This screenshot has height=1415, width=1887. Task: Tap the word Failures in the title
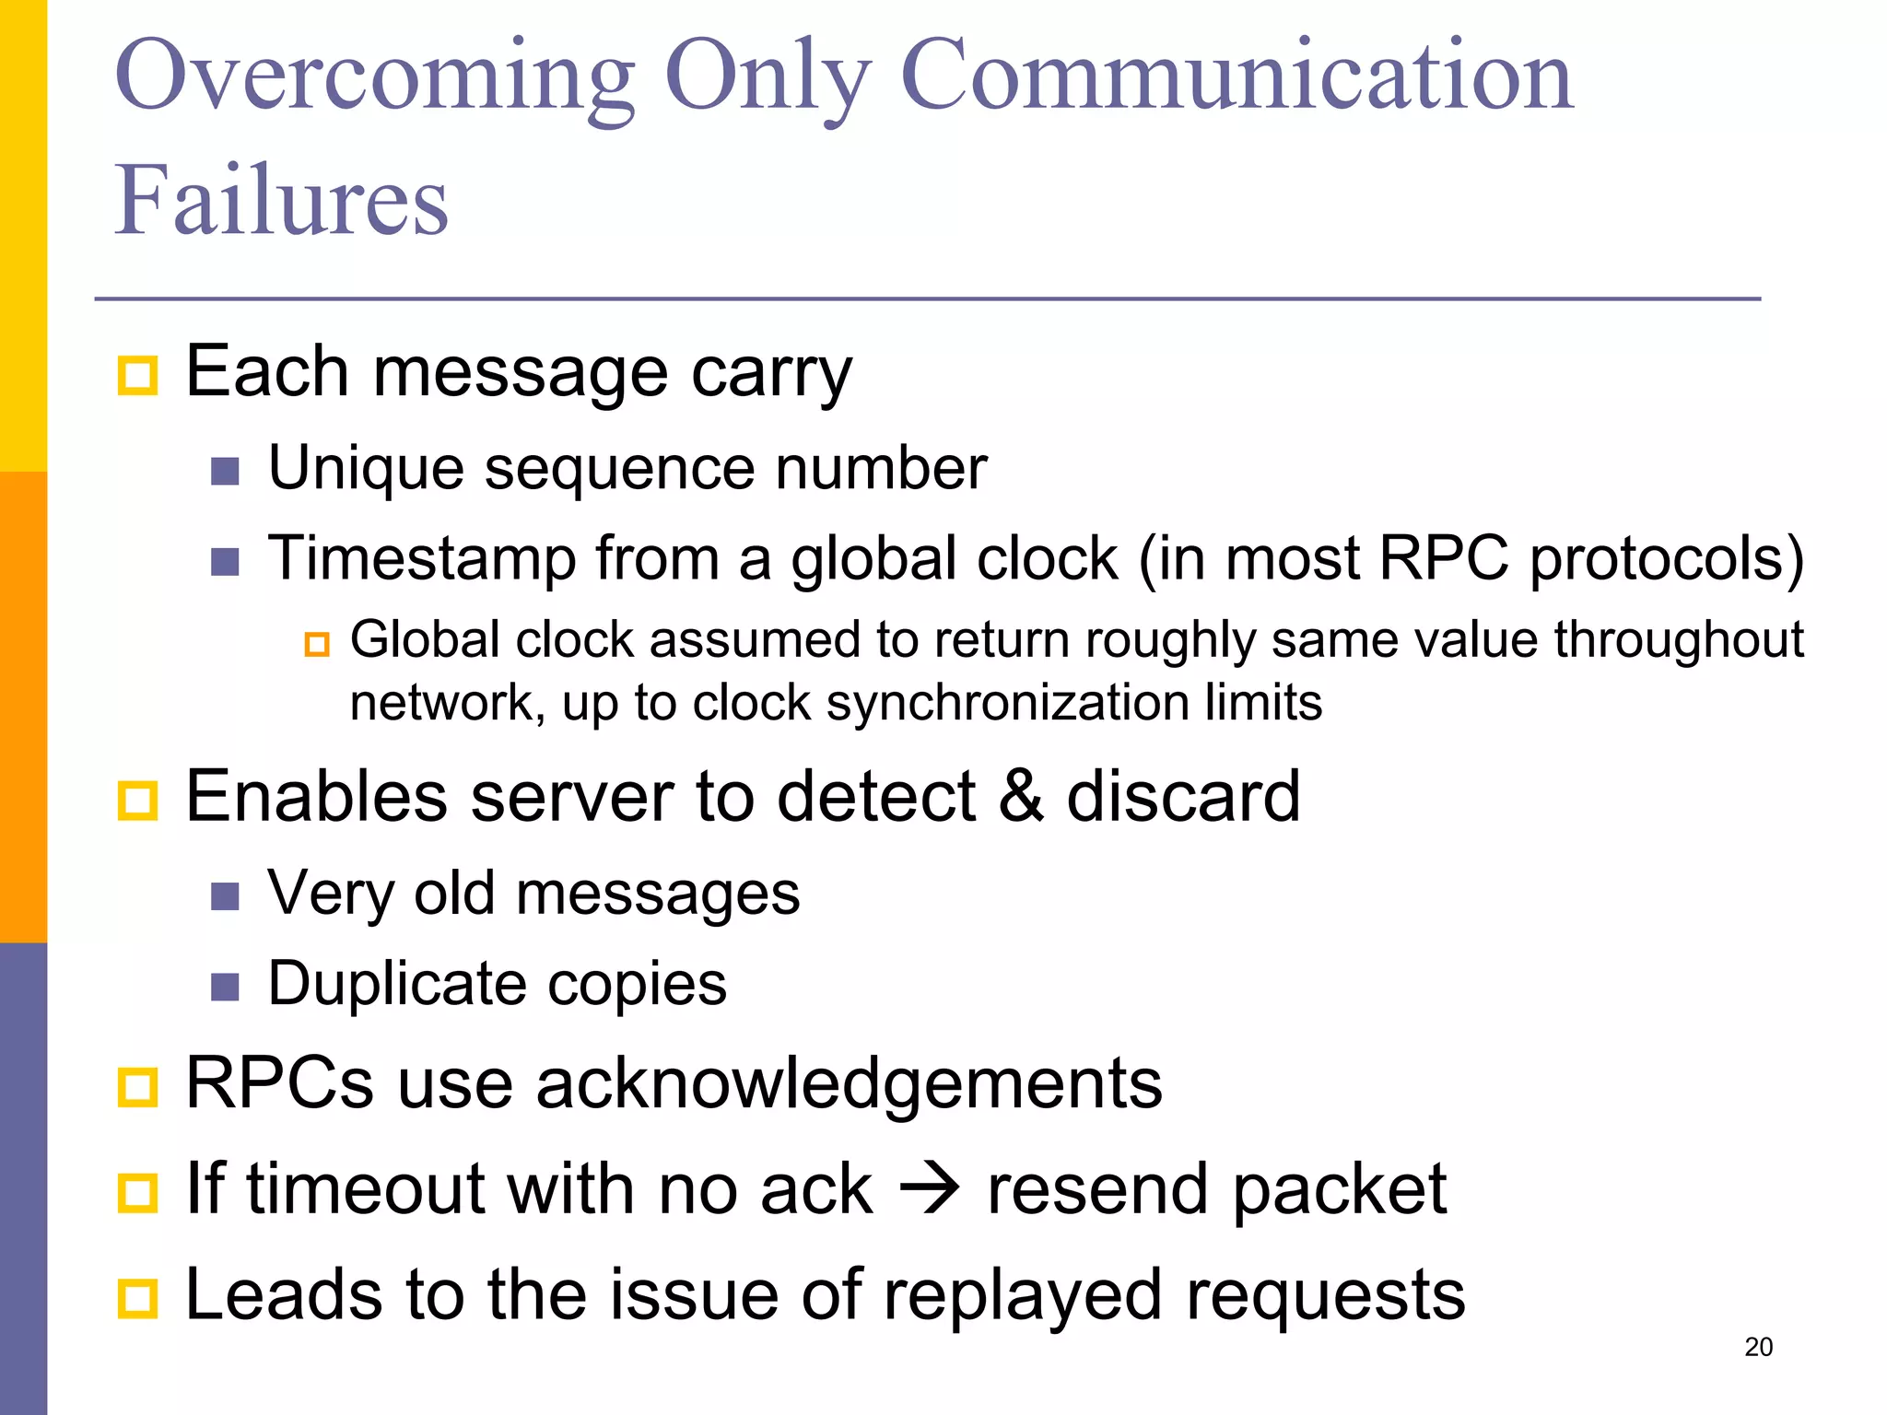tap(281, 201)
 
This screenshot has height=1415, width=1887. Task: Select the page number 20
tap(1758, 1347)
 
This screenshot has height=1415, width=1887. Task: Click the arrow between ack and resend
tap(930, 1189)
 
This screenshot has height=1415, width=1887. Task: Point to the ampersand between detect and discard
tap(1021, 796)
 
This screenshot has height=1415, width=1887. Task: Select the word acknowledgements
tap(849, 1083)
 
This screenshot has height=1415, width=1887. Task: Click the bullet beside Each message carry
tap(138, 375)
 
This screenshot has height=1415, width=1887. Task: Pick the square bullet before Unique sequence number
tap(225, 472)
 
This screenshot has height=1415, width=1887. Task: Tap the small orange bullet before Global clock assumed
tap(317, 644)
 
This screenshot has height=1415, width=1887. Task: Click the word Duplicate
tap(396, 983)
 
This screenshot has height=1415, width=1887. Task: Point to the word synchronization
tap(1007, 703)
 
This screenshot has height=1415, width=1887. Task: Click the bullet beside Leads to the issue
tap(138, 1298)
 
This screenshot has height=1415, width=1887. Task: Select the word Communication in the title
tap(1236, 77)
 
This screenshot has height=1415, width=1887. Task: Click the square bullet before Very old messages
tap(225, 895)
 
